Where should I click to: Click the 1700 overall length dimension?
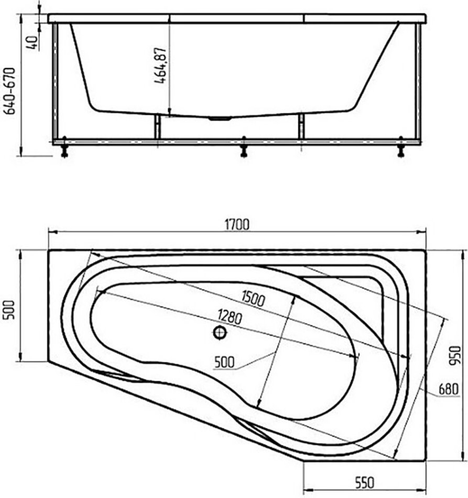[x=237, y=224]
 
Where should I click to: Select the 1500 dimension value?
[x=253, y=299]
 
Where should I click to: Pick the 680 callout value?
[x=448, y=389]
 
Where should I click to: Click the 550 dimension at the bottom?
[x=364, y=483]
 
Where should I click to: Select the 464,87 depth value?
[x=161, y=66]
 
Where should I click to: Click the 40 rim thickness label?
[x=33, y=42]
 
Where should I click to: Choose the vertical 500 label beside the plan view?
[x=9, y=310]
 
